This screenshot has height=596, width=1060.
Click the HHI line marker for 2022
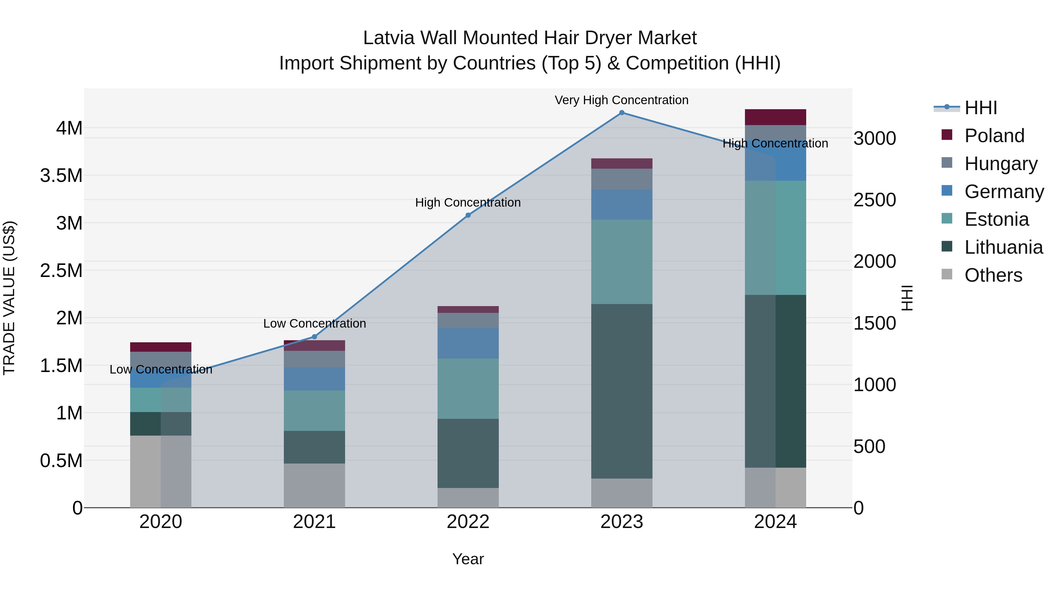(468, 215)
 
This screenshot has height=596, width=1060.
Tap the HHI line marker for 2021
(314, 337)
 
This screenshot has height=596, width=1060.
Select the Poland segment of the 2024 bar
(775, 117)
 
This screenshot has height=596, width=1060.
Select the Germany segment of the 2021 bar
(314, 379)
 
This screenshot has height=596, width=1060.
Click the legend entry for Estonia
(996, 219)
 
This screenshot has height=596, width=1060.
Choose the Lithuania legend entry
(1003, 247)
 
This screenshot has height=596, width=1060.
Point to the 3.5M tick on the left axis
(61, 176)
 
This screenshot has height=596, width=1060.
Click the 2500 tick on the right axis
(874, 200)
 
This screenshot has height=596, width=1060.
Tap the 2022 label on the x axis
(468, 522)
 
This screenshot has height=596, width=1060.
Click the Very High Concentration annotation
(621, 100)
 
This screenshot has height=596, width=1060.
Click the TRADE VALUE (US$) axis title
(9, 298)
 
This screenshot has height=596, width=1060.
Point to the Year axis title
(468, 559)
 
